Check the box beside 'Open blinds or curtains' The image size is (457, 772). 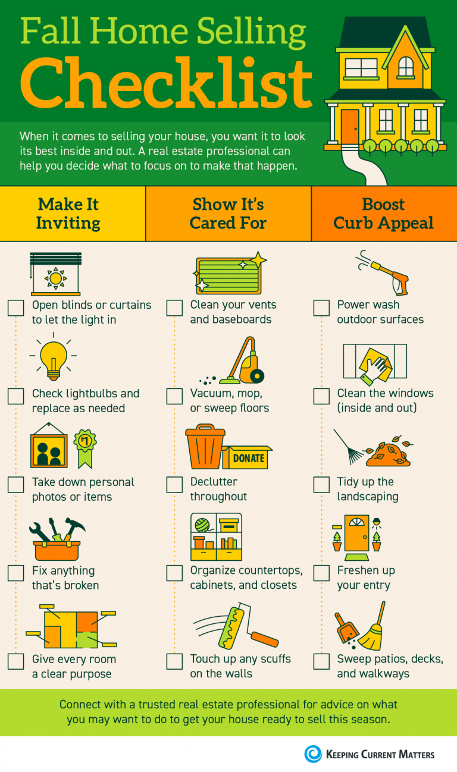click(16, 307)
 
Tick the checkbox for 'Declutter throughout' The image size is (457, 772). click(174, 485)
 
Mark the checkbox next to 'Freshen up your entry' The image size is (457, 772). click(321, 573)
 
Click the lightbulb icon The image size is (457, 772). click(54, 359)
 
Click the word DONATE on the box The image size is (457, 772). click(249, 459)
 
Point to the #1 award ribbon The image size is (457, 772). click(85, 448)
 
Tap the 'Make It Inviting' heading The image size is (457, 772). click(68, 214)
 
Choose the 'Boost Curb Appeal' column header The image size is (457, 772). click(384, 214)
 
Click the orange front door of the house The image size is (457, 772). click(350, 126)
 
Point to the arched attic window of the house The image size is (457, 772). click(406, 67)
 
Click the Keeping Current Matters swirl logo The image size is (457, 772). click(313, 754)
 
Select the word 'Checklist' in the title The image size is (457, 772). click(166, 83)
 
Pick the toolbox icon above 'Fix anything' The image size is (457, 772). click(57, 539)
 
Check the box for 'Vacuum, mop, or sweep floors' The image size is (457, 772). click(174, 396)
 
